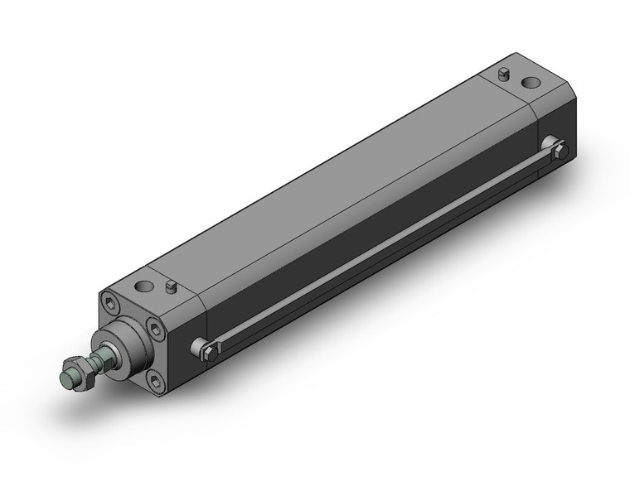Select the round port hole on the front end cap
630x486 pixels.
click(x=146, y=287)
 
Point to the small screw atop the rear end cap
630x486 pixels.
click(x=502, y=75)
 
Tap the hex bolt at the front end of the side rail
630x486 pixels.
click(x=209, y=352)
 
